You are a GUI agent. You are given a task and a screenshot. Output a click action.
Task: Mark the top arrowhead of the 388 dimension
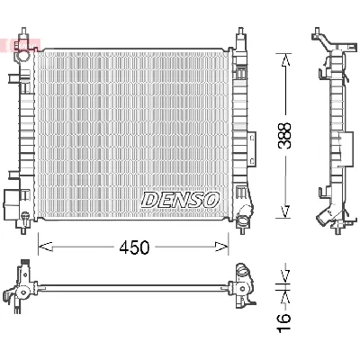click(285, 60)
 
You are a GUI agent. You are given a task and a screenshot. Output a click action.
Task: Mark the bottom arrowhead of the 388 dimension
click(285, 212)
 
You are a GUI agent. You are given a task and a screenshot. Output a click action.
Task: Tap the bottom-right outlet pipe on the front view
click(248, 212)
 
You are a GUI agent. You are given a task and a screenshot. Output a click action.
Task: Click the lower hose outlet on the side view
click(321, 219)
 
